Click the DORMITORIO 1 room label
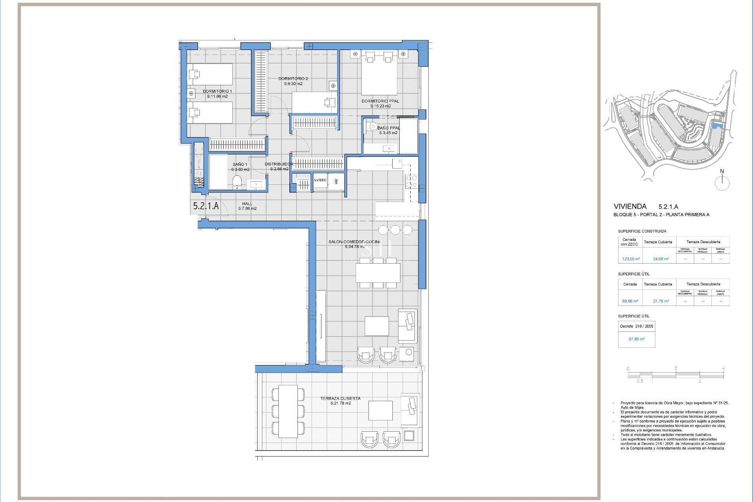click(x=217, y=91)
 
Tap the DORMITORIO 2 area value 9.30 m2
click(x=293, y=84)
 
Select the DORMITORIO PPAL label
click(x=380, y=101)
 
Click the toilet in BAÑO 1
click(x=237, y=182)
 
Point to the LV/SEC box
click(x=320, y=180)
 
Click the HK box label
click(x=336, y=181)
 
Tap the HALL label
click(x=247, y=204)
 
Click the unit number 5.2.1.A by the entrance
click(x=206, y=206)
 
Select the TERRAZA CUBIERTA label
click(x=340, y=398)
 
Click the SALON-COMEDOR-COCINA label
click(x=355, y=242)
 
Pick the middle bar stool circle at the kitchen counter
click(x=395, y=230)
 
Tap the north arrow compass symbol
click(x=722, y=183)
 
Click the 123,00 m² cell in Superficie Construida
click(x=631, y=259)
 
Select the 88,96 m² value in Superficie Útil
click(x=630, y=301)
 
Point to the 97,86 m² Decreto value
click(x=637, y=339)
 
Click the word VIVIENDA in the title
click(x=630, y=206)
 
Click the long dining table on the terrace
click(x=288, y=411)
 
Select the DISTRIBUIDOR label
click(x=279, y=164)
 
